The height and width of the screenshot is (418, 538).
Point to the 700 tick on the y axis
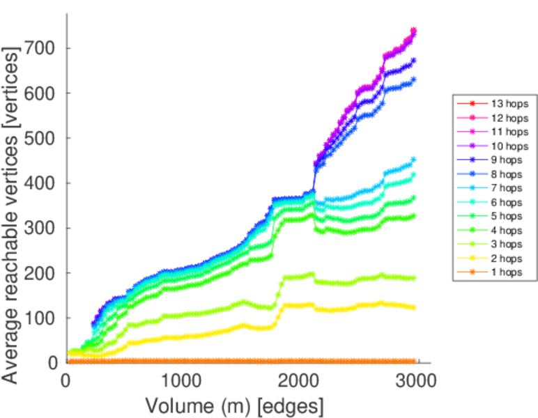pos(41,49)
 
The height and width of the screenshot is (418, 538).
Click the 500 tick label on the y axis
pos(41,139)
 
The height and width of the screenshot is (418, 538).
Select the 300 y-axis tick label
pos(41,229)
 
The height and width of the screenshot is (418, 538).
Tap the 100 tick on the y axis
pos(41,318)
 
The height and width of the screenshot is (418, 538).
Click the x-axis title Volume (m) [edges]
pos(234,405)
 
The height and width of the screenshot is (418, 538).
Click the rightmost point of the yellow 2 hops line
pos(414,307)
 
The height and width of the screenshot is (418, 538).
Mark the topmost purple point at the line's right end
pos(414,31)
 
